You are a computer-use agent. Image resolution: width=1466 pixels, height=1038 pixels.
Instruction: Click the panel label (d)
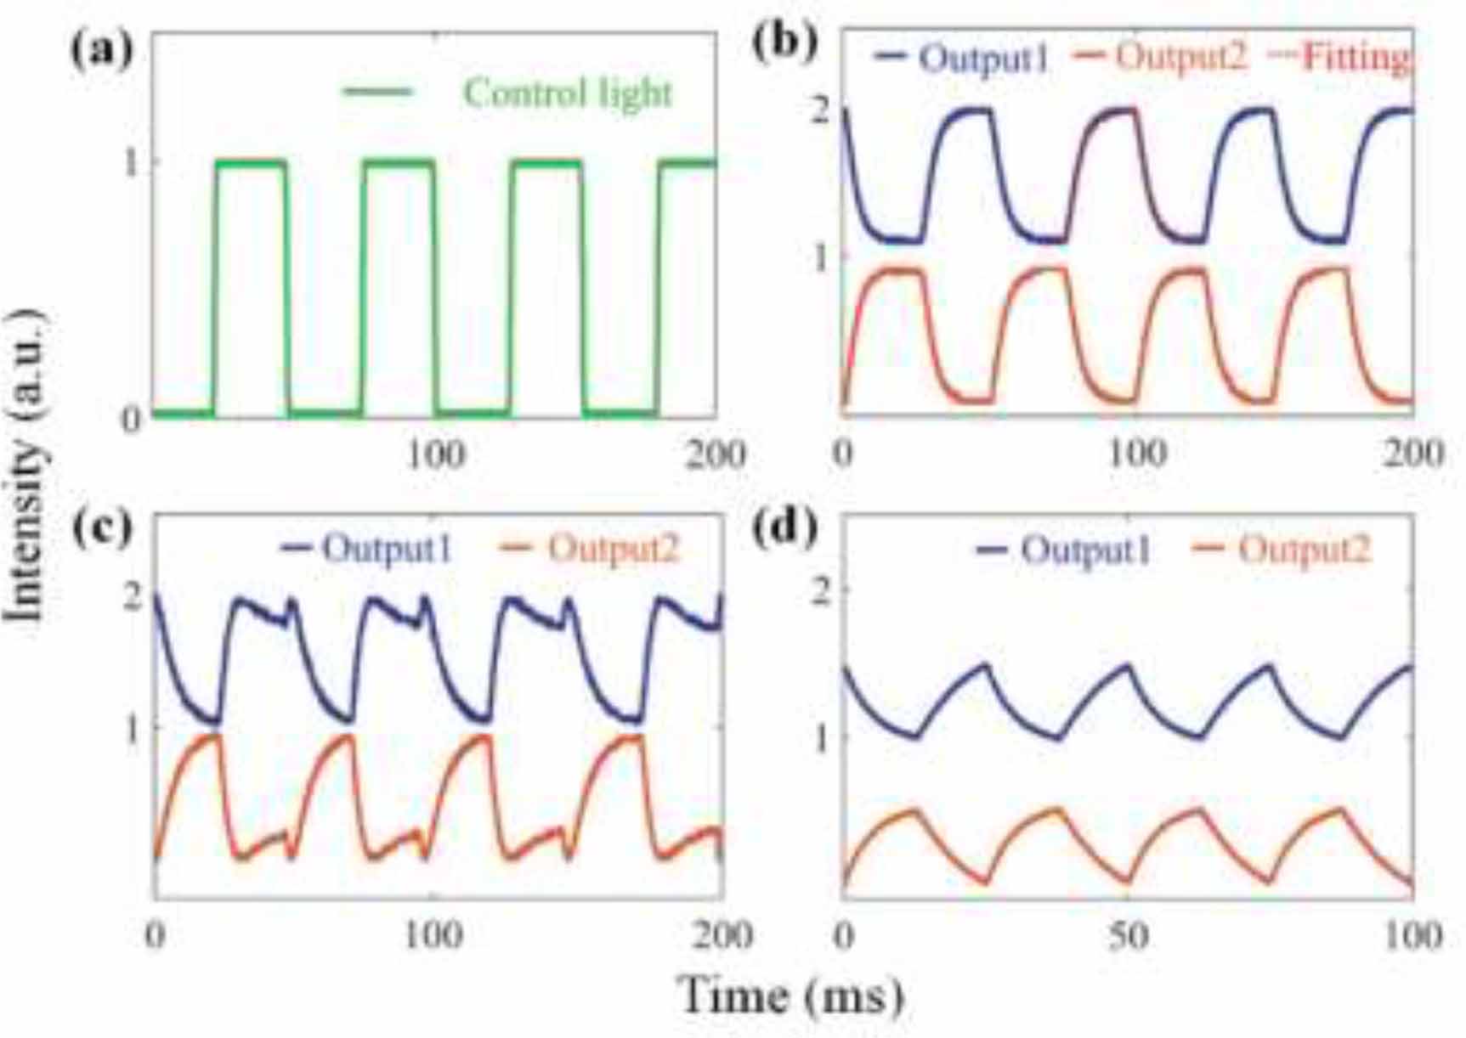click(785, 528)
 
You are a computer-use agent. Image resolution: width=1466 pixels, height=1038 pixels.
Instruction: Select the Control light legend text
click(568, 93)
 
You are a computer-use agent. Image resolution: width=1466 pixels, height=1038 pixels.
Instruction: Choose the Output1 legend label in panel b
click(984, 58)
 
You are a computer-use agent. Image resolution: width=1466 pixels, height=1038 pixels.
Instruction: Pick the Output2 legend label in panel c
click(614, 549)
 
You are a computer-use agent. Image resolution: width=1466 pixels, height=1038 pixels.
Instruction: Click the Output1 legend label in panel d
click(1085, 550)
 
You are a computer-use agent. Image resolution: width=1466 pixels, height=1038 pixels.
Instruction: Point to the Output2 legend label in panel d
click(1305, 550)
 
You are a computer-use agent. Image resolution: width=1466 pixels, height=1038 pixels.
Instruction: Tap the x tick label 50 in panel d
click(1128, 935)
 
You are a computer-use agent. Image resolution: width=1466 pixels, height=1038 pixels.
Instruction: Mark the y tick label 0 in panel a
click(131, 419)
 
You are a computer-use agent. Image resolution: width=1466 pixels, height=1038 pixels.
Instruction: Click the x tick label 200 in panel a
click(715, 455)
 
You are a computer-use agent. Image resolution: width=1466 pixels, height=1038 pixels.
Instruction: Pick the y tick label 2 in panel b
click(820, 110)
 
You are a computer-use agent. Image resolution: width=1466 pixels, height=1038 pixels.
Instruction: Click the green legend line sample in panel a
click(376, 92)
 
